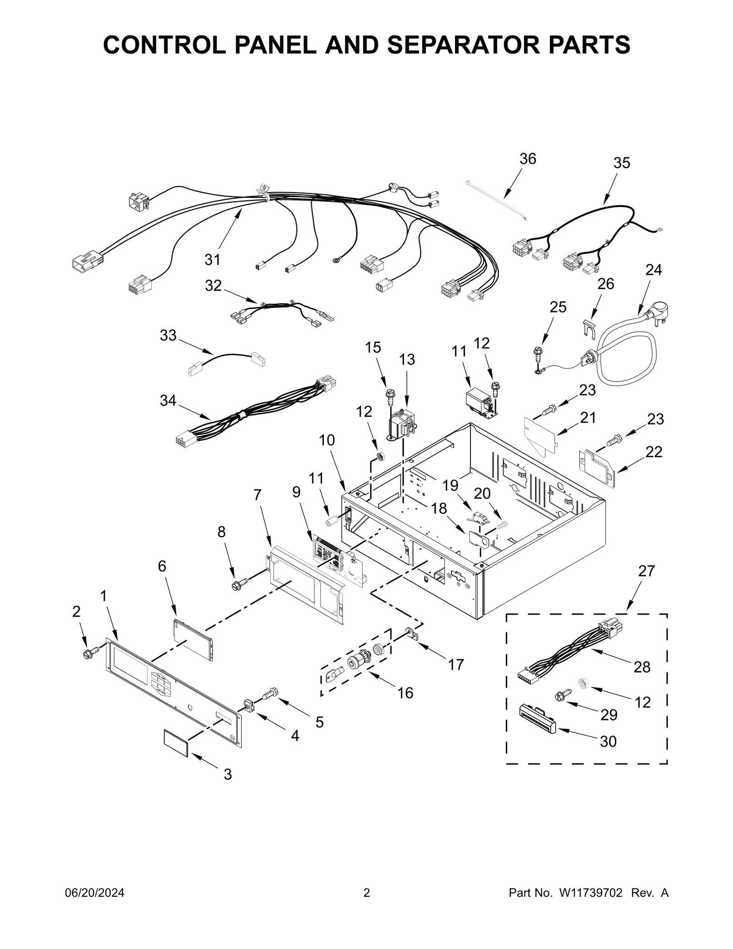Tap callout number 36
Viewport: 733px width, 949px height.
tap(527, 159)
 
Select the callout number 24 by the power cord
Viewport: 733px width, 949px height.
tap(653, 270)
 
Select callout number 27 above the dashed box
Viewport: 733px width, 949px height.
tap(646, 571)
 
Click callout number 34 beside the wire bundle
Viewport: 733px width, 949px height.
tap(168, 400)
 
